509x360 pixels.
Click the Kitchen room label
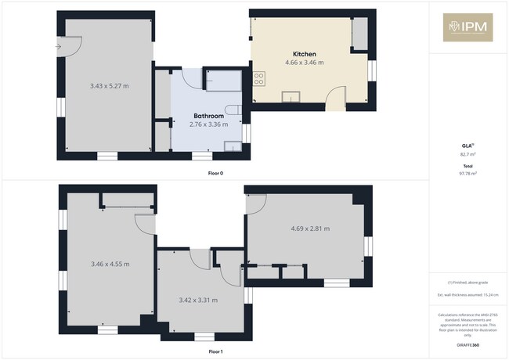[x=305, y=54]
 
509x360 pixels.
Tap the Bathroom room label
[x=209, y=115]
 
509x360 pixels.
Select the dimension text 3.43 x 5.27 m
[x=110, y=85]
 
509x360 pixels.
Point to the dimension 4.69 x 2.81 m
[x=310, y=229]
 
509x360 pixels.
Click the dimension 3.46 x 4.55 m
[x=110, y=264]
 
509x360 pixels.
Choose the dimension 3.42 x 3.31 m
[x=198, y=300]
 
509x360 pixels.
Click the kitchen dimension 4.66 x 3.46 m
[x=305, y=63]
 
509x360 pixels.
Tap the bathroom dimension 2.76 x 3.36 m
[x=209, y=124]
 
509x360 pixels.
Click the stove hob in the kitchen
[x=258, y=77]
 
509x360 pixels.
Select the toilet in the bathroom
[x=233, y=109]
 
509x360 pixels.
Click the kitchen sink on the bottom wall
[x=291, y=97]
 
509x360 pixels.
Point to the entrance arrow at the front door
[x=59, y=47]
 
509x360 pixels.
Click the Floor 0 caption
[x=215, y=172]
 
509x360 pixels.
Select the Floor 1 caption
[x=215, y=352]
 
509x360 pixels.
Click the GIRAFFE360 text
[x=468, y=344]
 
